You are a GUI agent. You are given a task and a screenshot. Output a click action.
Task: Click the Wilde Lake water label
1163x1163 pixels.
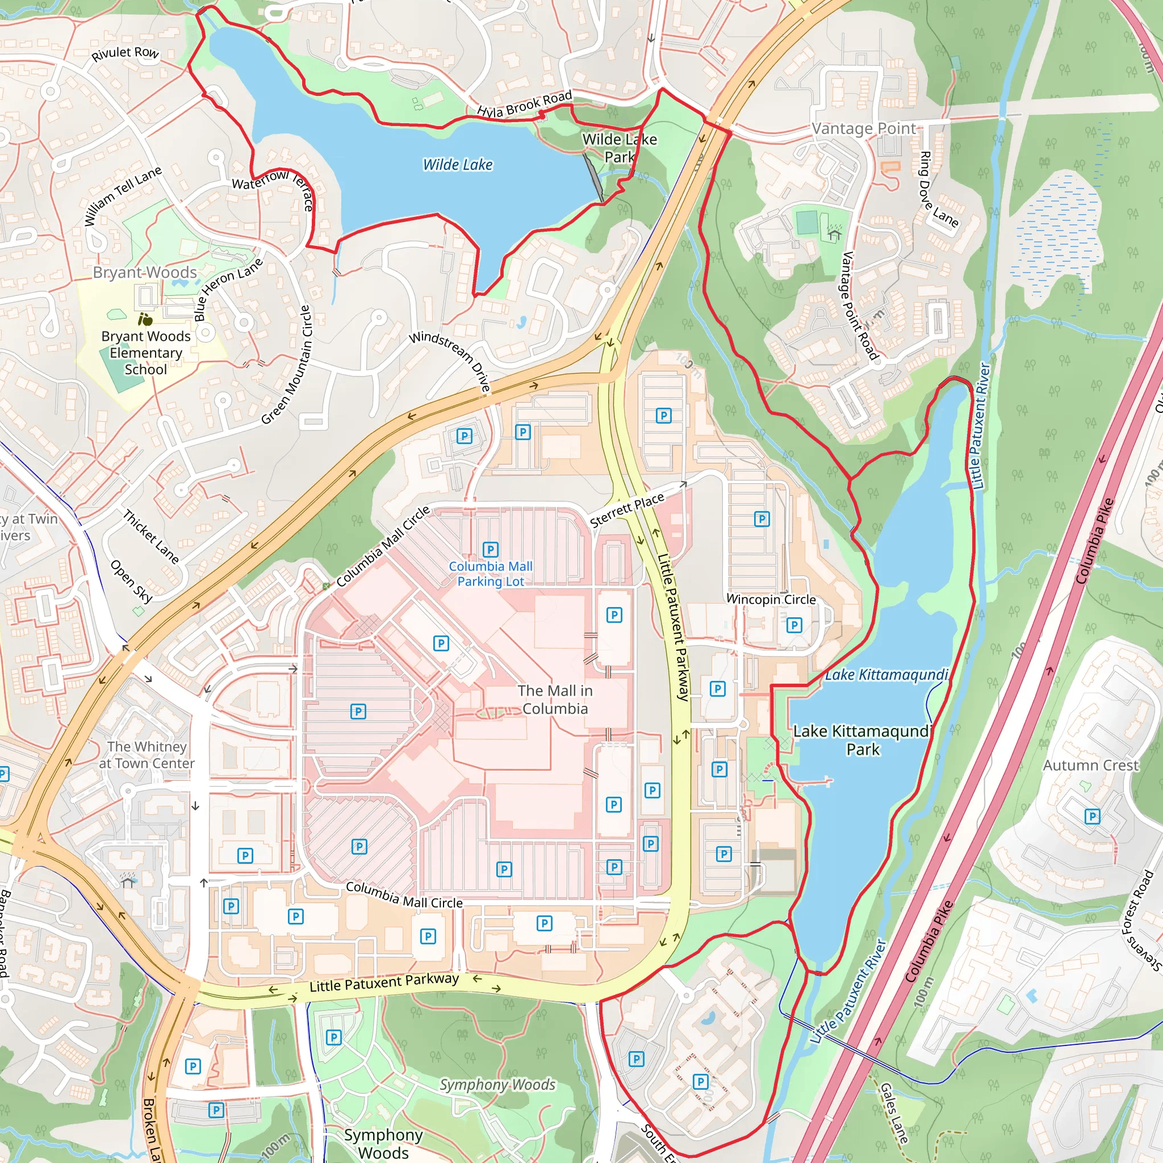coord(458,164)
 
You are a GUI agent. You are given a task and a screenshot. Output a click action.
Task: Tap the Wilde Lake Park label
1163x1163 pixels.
coord(620,148)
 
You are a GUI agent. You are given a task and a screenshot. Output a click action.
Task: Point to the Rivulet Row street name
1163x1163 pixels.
coord(125,53)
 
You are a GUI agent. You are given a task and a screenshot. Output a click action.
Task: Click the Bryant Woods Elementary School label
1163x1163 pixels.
coord(146,353)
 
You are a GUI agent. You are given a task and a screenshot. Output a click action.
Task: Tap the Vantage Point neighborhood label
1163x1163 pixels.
coord(863,129)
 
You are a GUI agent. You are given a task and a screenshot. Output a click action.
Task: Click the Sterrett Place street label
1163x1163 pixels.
coord(627,510)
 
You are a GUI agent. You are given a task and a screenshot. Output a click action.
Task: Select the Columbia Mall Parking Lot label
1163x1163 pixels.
coord(491,574)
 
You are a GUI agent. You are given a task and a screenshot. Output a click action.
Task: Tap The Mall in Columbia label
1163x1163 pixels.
coord(555,700)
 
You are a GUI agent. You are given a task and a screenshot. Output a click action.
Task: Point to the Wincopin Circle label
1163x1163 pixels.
coord(771,600)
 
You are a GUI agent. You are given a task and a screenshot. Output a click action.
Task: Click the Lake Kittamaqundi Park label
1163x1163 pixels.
coord(863,741)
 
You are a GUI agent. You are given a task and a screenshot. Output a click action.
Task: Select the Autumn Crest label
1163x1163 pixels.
coord(1091,765)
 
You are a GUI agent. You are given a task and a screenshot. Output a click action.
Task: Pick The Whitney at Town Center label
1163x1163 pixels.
coord(147,755)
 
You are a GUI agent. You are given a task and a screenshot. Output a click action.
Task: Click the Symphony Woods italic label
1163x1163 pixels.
coord(497,1085)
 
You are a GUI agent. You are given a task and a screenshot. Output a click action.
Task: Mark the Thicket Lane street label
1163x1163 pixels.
coord(151,536)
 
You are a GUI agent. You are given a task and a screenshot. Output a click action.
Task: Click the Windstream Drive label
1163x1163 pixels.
coord(450,362)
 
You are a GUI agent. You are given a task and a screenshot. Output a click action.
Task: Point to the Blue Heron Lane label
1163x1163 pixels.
coord(228,289)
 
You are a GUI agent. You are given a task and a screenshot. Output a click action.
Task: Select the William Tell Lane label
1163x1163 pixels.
coord(123,196)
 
